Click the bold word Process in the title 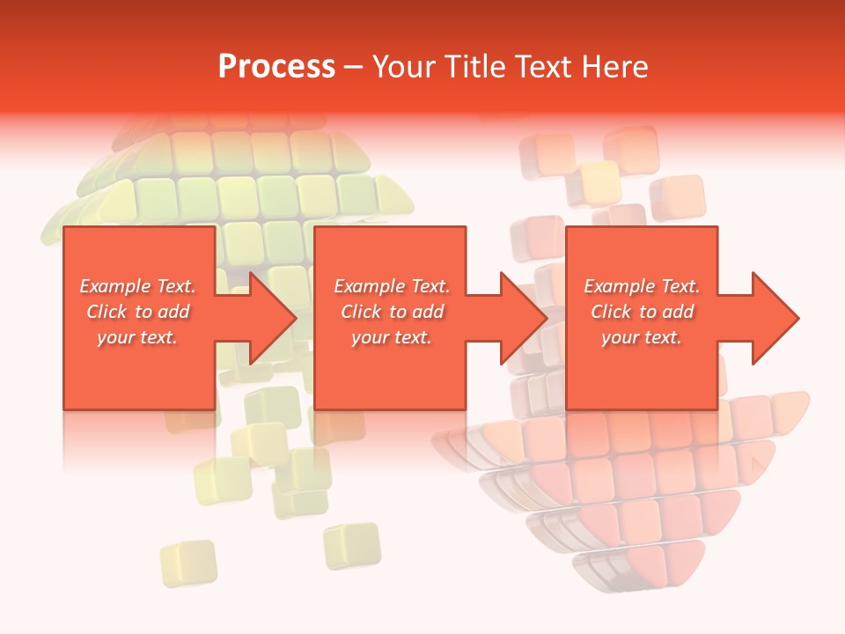click(276, 67)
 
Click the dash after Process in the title click(354, 68)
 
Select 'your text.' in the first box click(137, 337)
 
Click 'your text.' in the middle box click(392, 337)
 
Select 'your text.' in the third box click(642, 337)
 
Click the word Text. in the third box click(679, 286)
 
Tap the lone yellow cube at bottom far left click(188, 562)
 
